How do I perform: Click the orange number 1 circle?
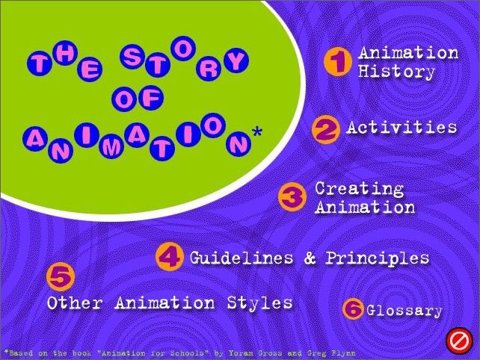point(338,61)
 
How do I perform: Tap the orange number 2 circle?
point(326,130)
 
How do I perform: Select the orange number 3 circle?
point(292,196)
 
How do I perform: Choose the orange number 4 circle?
point(170,256)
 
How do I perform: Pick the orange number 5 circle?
point(61,277)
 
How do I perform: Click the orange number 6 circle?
point(353,309)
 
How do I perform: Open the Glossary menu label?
point(404,311)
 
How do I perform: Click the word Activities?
point(401,127)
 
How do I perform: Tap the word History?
point(396,72)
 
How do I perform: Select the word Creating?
point(360,189)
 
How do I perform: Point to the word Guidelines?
point(241,258)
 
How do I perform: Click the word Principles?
point(377,258)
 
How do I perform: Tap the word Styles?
point(259,303)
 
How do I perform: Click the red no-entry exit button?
point(458,341)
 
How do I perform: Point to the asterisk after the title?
point(257,132)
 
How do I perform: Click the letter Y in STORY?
point(236,60)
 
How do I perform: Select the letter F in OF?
point(151,98)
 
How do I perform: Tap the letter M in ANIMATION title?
point(111,147)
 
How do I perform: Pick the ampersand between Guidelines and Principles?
point(310,258)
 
